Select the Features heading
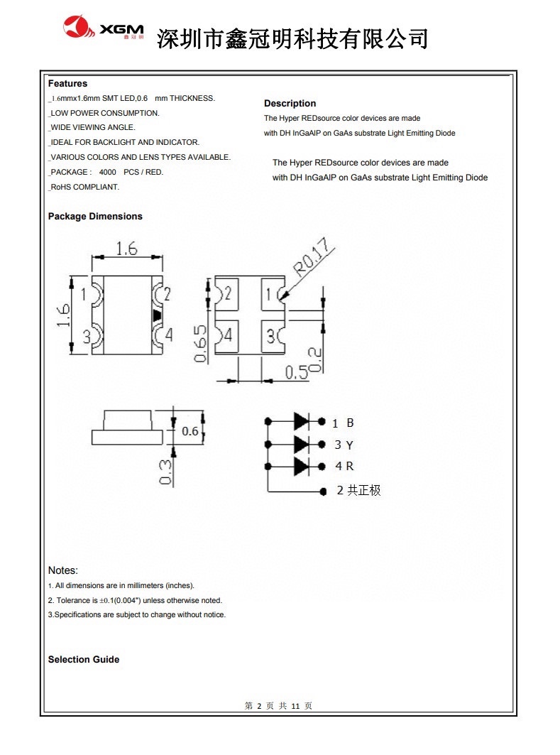coord(68,84)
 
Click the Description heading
coord(290,104)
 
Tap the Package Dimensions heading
coord(95,217)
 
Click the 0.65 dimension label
coord(201,344)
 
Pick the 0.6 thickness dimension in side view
coord(190,431)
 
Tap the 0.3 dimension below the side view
coord(165,472)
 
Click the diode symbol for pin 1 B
coord(302,422)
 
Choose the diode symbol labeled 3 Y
coord(302,444)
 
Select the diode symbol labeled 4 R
coord(302,466)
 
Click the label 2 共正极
coord(358,490)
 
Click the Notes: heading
coord(63,570)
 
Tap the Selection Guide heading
coord(84,660)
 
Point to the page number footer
coord(278,706)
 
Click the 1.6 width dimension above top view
coord(126,248)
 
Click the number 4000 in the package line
coord(108,173)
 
